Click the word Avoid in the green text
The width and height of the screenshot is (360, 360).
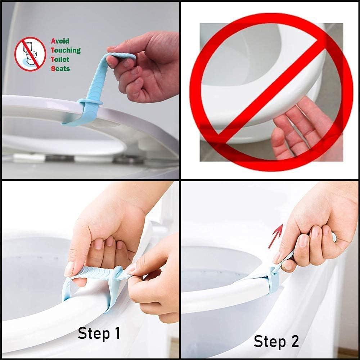point(60,41)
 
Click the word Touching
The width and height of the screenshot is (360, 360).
point(66,50)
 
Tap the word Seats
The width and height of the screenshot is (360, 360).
point(60,68)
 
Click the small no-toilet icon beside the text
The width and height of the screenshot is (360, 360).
point(30,54)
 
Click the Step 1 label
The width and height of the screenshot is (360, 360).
point(99,334)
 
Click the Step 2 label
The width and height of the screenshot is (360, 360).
point(276,341)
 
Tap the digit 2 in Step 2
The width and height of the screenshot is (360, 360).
point(294,341)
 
